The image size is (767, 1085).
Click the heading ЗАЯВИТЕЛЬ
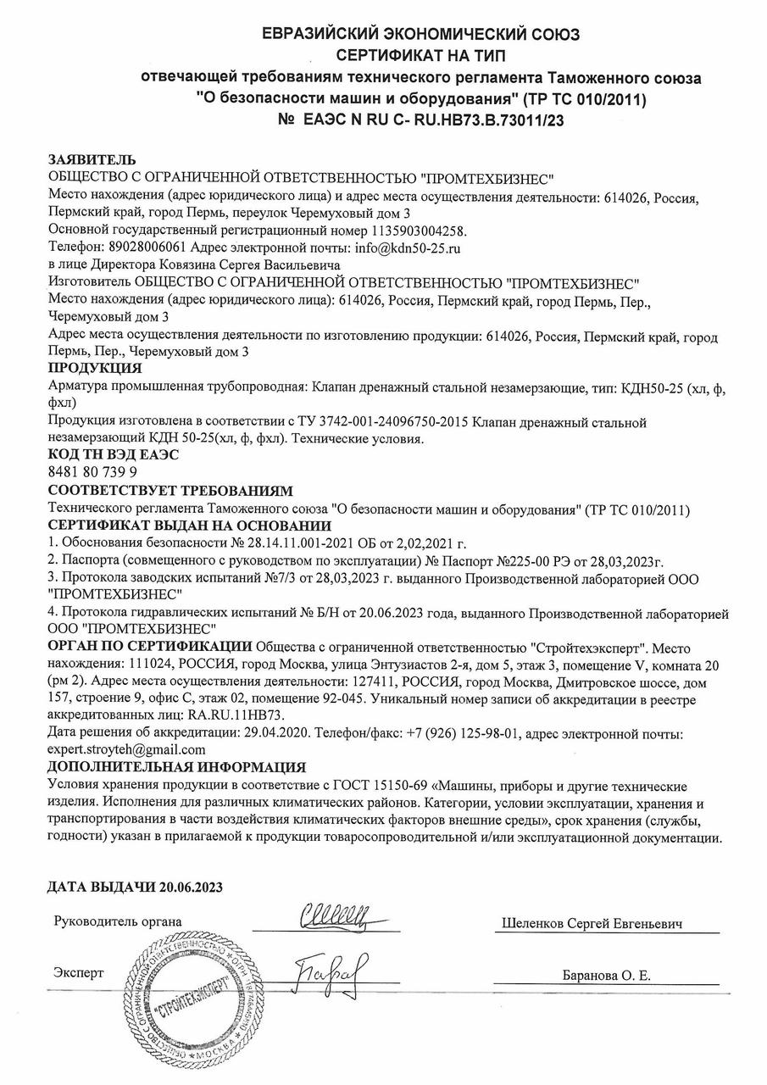[x=92, y=160]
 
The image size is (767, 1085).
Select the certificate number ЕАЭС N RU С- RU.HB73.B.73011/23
[x=432, y=121]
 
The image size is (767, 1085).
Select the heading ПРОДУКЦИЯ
[x=95, y=368]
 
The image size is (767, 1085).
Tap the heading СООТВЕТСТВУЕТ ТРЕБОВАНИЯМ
[x=170, y=491]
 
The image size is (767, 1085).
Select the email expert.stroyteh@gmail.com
[x=127, y=749]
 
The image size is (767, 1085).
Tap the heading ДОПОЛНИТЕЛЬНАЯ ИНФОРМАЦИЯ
[x=177, y=767]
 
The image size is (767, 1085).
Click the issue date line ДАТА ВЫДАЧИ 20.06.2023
[x=135, y=887]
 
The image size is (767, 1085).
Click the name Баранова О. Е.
[x=606, y=976]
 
